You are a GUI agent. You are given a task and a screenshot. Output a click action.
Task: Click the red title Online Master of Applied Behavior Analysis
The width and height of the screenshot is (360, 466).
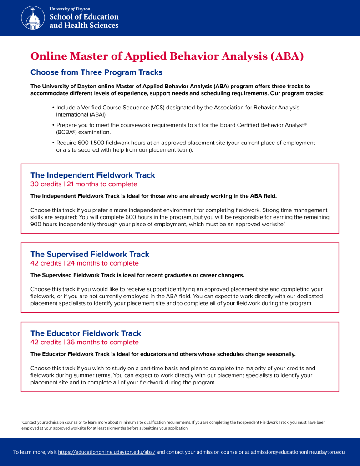[167, 56]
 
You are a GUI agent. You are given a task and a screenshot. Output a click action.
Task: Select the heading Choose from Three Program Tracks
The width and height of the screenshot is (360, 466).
[96, 72]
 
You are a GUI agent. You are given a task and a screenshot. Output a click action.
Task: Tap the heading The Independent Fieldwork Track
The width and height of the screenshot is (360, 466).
[92, 175]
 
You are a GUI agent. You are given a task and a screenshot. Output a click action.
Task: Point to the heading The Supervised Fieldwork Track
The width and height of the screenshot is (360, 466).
[90, 254]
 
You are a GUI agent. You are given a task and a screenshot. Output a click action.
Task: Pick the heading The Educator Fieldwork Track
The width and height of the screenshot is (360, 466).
[86, 333]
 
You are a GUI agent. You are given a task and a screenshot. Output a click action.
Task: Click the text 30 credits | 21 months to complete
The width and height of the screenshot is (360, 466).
[83, 184]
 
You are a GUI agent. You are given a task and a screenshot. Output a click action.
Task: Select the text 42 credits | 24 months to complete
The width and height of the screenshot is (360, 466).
[84, 263]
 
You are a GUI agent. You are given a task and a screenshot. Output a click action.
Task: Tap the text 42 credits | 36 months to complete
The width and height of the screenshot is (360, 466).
[84, 342]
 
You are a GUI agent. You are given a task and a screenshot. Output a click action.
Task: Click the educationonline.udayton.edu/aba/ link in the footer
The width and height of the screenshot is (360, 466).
[106, 452]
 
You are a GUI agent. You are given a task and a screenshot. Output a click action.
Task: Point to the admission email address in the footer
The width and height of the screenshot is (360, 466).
[298, 452]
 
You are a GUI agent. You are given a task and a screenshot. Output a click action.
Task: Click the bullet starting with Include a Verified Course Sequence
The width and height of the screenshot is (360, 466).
[177, 111]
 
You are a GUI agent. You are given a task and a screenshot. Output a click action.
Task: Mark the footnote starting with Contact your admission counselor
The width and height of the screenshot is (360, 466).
[173, 425]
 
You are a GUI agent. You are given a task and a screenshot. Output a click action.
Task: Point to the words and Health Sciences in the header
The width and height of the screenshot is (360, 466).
[84, 26]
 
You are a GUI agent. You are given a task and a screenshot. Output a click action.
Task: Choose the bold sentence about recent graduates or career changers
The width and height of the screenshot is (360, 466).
[137, 275]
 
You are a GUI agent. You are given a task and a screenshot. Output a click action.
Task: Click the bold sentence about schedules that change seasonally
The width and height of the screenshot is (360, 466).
[163, 354]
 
